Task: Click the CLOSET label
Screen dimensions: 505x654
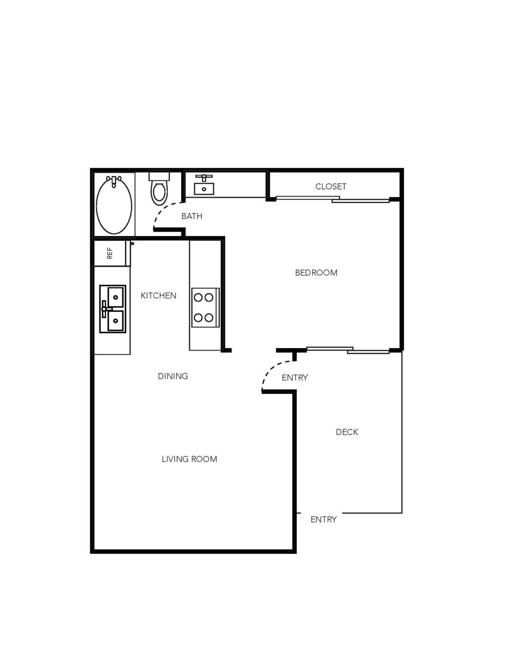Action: point(331,187)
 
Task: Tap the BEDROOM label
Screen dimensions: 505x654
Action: point(316,273)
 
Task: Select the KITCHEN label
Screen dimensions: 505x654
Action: point(159,296)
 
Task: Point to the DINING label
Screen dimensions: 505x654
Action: point(173,376)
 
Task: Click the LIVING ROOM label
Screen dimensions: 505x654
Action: point(189,459)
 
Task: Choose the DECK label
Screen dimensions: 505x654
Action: point(347,432)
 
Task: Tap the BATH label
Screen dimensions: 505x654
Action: point(192,216)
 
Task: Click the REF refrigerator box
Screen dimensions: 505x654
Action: point(110,253)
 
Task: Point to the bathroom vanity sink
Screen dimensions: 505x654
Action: point(204,185)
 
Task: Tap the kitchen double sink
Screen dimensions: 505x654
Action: point(113,309)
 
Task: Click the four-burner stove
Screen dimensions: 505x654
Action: point(206,307)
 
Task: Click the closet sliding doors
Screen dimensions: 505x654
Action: point(333,199)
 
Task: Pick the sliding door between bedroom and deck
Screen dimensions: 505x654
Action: point(348,350)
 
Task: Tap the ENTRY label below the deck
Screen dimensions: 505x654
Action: point(323,519)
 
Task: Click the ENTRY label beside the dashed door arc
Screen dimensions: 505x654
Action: point(295,378)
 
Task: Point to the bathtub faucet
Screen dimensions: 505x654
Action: point(114,182)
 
